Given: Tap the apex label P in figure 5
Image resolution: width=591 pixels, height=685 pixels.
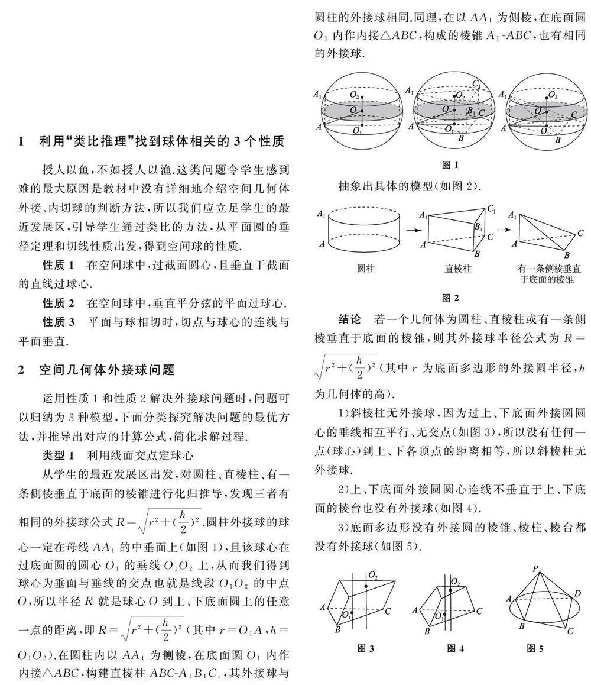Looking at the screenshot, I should tap(535, 569).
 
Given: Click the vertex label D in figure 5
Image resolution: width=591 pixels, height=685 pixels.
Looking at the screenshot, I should tap(577, 593).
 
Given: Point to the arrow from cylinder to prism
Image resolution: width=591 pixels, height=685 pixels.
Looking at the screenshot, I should tap(411, 228).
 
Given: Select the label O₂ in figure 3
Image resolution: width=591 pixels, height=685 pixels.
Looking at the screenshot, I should tap(374, 575).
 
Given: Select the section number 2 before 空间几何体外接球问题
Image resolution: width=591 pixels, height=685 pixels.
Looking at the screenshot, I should tap(21, 370).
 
